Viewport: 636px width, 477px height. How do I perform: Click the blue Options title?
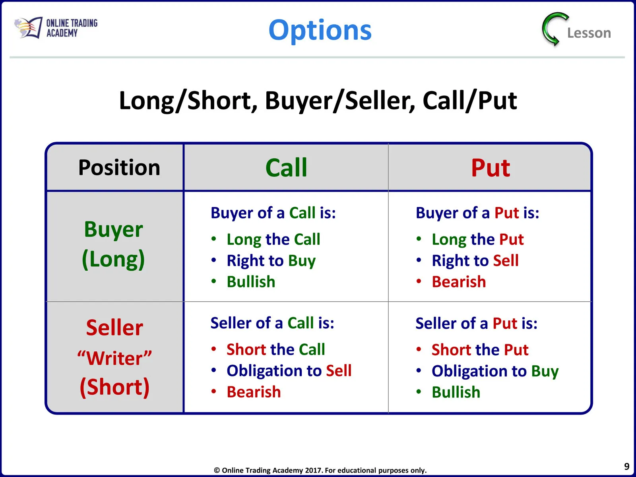click(320, 30)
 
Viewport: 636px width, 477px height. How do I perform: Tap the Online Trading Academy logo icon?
click(28, 27)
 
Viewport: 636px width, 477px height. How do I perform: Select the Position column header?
click(119, 167)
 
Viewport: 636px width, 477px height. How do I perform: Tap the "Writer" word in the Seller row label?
click(114, 358)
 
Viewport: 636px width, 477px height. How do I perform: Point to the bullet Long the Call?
click(273, 240)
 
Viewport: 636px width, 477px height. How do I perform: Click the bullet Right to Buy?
click(271, 261)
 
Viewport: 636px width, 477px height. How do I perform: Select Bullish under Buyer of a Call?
click(251, 282)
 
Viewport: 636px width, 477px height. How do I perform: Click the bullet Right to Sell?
click(475, 260)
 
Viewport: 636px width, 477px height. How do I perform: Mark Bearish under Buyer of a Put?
click(459, 282)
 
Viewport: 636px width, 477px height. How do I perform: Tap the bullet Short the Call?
click(275, 349)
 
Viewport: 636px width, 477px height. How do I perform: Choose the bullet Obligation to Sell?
click(289, 371)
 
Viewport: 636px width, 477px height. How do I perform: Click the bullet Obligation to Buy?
click(495, 371)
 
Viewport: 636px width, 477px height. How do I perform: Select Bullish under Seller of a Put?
click(456, 392)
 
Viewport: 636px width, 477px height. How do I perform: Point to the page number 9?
click(627, 466)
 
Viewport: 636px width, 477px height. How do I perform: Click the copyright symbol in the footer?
click(217, 470)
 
